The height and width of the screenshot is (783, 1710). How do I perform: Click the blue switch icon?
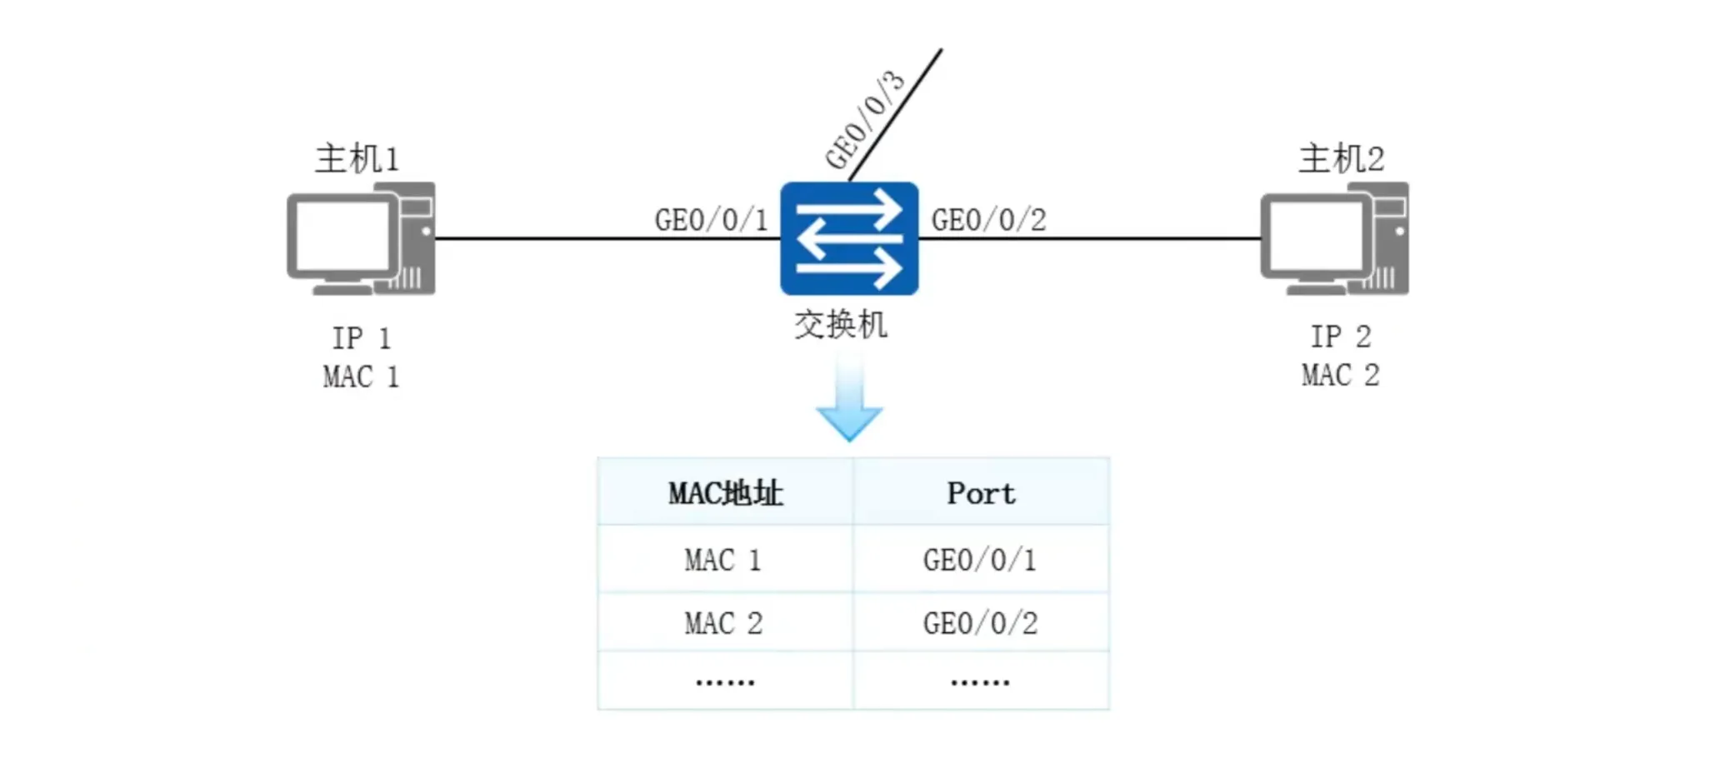pyautogui.click(x=849, y=238)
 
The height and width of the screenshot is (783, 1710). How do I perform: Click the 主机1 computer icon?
pyautogui.click(x=361, y=239)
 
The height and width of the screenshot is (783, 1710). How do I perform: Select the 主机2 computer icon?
pyautogui.click(x=1334, y=239)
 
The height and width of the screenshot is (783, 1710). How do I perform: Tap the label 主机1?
pyautogui.click(x=357, y=158)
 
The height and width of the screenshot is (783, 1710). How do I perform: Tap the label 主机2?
pyautogui.click(x=1341, y=158)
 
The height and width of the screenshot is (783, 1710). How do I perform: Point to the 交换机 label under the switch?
pyautogui.click(x=840, y=324)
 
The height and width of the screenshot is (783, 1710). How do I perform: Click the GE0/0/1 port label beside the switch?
pyautogui.click(x=711, y=220)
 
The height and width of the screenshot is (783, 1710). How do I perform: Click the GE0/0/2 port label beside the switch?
pyautogui.click(x=988, y=220)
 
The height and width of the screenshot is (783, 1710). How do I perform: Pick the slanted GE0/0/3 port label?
pyautogui.click(x=864, y=120)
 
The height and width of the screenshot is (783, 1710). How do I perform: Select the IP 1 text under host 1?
pyautogui.click(x=361, y=338)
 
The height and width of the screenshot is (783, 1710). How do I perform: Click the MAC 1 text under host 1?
pyautogui.click(x=361, y=377)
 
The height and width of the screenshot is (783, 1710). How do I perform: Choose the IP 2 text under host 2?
pyautogui.click(x=1340, y=337)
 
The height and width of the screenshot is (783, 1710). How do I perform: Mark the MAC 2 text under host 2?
pyautogui.click(x=1340, y=375)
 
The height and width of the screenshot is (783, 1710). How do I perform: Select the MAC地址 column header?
pyautogui.click(x=725, y=493)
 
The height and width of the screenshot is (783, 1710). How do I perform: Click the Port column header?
pyautogui.click(x=981, y=493)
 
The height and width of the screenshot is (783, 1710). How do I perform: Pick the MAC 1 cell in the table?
pyautogui.click(x=723, y=560)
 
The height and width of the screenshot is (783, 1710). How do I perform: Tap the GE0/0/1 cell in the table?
pyautogui.click(x=980, y=560)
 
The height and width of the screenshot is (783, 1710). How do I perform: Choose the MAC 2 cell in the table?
pyautogui.click(x=723, y=623)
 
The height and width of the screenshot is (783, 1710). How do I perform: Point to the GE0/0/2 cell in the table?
pyautogui.click(x=980, y=623)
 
